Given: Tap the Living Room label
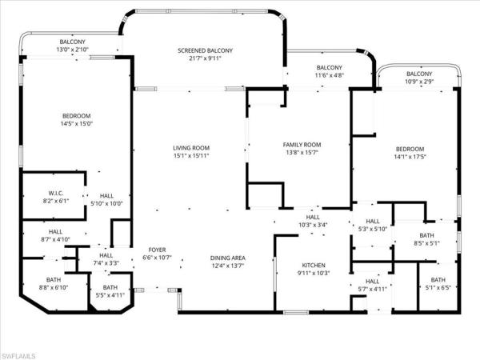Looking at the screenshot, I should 191,148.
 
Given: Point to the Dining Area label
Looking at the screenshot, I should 227,258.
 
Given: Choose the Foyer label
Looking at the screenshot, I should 155,250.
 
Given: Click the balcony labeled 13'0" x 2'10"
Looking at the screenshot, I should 72,50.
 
